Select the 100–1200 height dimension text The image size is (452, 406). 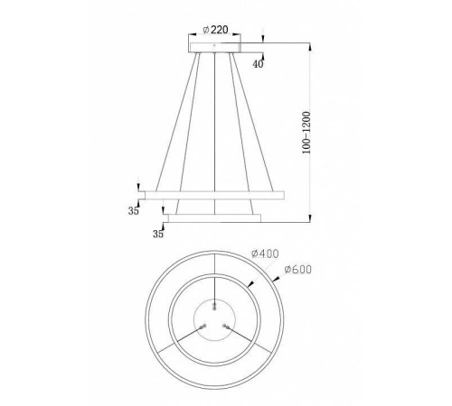307,130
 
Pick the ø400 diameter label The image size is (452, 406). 262,256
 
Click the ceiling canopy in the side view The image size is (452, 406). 213,45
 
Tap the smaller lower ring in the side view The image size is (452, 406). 213,217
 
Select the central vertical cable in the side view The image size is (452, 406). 213,126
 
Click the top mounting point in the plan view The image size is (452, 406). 213,304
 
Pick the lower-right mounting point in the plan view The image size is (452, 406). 225,326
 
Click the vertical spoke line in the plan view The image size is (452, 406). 213,271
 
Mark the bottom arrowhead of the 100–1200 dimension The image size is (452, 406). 311,217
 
